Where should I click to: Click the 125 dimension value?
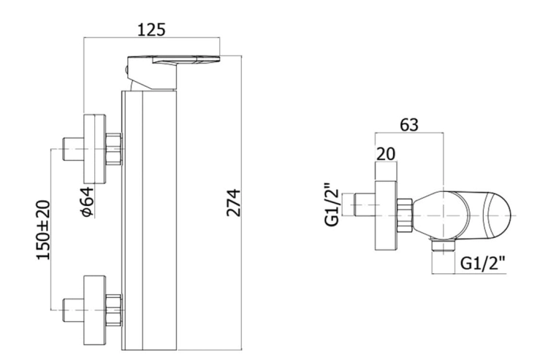(151, 30)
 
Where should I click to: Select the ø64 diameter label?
(88, 202)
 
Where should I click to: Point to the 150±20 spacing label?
(43, 230)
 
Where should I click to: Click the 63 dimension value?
(409, 125)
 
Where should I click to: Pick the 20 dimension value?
(386, 153)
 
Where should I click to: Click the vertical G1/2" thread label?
(332, 204)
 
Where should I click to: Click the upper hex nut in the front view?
(113, 149)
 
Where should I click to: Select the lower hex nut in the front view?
(113, 310)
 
